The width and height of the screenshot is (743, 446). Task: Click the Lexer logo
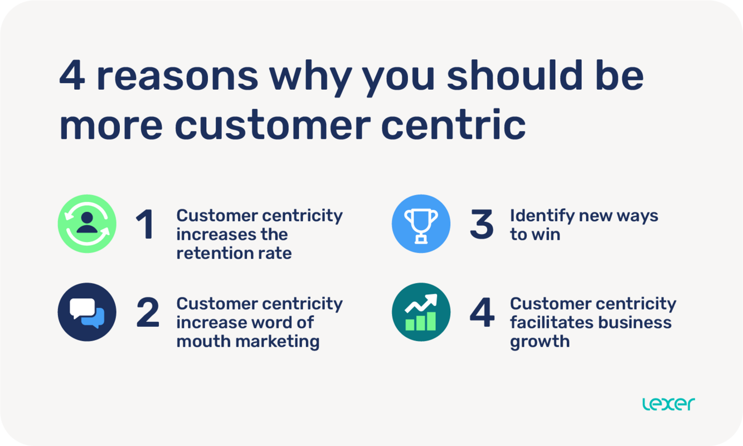pos(668,404)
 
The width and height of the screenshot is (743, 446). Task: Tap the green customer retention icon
pos(87,224)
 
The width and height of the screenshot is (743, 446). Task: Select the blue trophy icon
pos(421,224)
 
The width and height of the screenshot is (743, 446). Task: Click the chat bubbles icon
pos(87,312)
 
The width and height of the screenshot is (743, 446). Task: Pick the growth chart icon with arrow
pos(421,312)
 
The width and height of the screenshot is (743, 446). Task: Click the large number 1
pos(145,225)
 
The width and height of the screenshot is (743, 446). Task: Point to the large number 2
pos(148,313)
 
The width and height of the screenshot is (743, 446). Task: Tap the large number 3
pos(482,225)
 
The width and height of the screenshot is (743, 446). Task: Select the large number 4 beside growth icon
pos(482,313)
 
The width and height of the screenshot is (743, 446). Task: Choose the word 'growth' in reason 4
pos(540,342)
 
